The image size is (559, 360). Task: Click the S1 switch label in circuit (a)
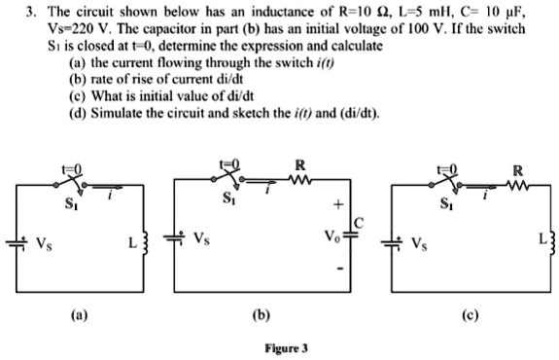67,205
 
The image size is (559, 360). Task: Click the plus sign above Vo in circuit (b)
338,205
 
